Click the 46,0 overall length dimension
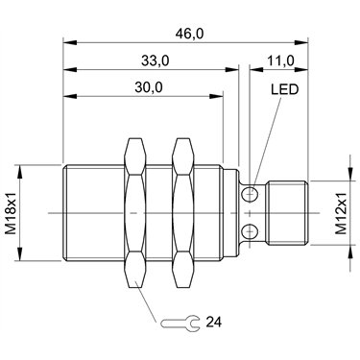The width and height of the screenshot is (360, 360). [x=189, y=34]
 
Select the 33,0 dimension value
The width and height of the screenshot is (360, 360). [x=156, y=60]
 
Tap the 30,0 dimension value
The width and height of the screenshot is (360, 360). [x=149, y=87]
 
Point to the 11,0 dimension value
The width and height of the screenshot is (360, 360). [x=280, y=60]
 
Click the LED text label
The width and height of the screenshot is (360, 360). [x=285, y=89]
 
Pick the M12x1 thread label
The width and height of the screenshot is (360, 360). [x=341, y=213]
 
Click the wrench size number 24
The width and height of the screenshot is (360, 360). [x=213, y=322]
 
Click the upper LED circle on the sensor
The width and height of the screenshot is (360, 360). [x=250, y=194]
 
